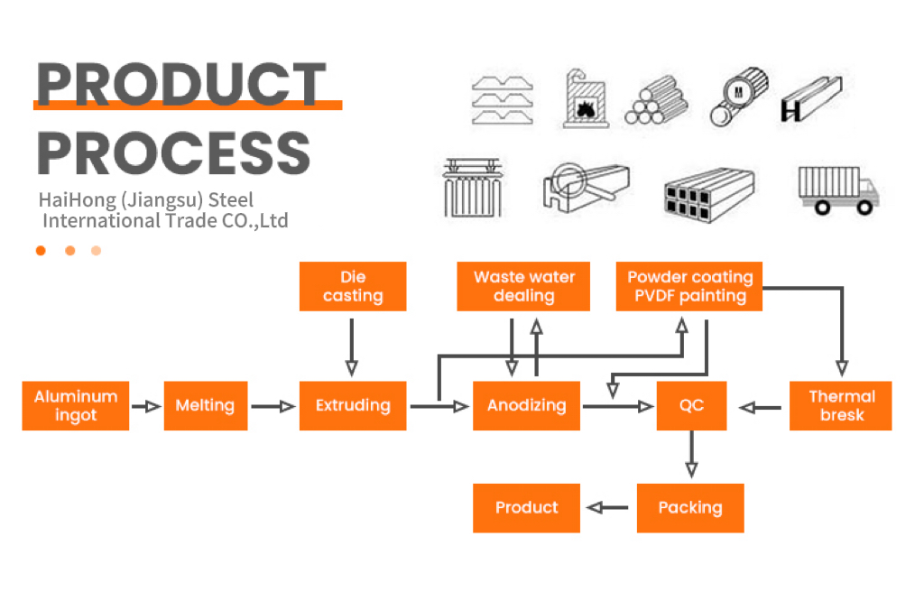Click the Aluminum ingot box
(x=76, y=406)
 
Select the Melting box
(x=205, y=406)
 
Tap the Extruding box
(x=353, y=406)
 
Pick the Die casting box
(x=353, y=286)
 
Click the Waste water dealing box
(x=524, y=286)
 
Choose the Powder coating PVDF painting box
(x=689, y=286)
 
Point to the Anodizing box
(x=526, y=406)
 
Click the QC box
(x=691, y=406)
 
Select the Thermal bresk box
(x=841, y=406)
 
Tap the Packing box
(x=690, y=508)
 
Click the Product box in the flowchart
(x=526, y=508)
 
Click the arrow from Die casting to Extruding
(x=352, y=347)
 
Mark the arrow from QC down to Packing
(x=691, y=455)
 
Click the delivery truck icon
(x=838, y=190)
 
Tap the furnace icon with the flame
(x=584, y=98)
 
